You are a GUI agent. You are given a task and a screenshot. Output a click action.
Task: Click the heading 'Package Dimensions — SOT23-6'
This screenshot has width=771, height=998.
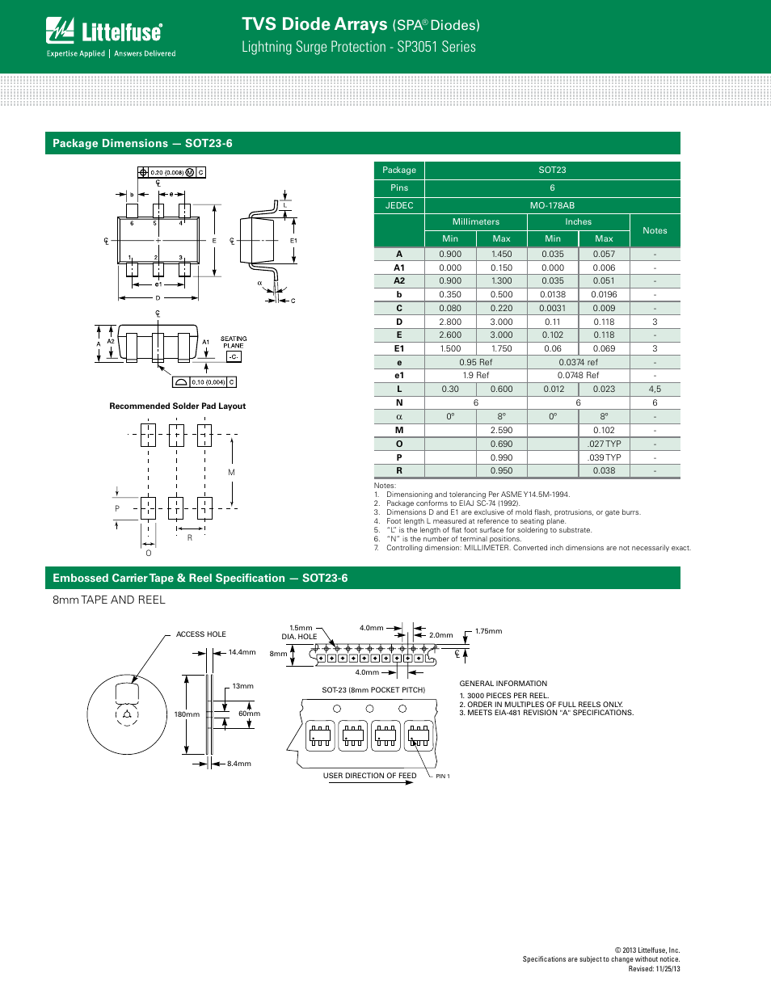(x=142, y=144)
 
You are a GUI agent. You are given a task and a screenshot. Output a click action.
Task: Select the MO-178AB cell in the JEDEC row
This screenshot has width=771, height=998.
(x=552, y=205)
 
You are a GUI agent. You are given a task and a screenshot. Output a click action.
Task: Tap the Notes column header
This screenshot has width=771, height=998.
(x=655, y=230)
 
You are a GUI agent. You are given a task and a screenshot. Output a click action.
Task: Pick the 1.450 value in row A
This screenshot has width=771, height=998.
(x=501, y=254)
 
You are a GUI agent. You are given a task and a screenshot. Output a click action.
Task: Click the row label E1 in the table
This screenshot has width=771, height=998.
(x=398, y=348)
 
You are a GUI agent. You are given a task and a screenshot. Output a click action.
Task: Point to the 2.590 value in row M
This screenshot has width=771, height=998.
(x=501, y=430)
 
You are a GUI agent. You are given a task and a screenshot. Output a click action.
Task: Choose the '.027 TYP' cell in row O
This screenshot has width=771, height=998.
(x=604, y=444)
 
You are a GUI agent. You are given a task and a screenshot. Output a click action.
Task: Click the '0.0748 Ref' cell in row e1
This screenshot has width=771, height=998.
(x=578, y=375)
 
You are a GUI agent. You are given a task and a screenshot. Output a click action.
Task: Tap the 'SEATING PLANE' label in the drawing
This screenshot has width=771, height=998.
(x=234, y=342)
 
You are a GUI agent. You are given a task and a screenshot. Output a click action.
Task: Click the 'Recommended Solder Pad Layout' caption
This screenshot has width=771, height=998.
(x=177, y=406)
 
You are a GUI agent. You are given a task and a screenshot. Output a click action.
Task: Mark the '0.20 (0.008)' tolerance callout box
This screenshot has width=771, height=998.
(x=167, y=172)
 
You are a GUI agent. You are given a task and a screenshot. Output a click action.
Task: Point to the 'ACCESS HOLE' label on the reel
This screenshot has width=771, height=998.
(x=201, y=634)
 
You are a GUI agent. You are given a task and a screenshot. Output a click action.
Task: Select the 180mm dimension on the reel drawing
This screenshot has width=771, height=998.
(x=187, y=714)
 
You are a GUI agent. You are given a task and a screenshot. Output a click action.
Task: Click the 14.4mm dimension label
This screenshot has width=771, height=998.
(x=242, y=652)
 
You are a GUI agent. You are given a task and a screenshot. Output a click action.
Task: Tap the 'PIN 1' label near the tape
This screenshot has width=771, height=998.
(x=443, y=777)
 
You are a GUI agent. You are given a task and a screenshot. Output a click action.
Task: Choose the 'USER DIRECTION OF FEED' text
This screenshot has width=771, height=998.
(x=369, y=776)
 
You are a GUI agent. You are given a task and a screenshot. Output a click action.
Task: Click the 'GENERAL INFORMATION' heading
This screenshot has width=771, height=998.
(x=503, y=684)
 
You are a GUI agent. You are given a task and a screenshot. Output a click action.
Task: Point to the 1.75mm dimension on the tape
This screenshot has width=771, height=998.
(x=488, y=631)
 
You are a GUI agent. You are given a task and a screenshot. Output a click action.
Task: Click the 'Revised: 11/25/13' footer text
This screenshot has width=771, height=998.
(x=654, y=969)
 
